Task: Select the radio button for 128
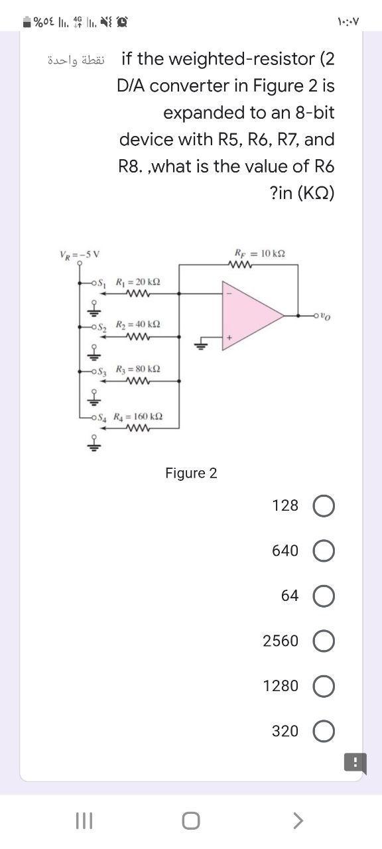[322, 506]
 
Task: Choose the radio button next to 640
[322, 551]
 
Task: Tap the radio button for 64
[322, 596]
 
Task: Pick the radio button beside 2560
[322, 641]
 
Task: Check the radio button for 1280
[322, 686]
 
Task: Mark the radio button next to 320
[322, 732]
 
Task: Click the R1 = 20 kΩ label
[137, 281]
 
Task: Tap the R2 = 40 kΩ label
[137, 324]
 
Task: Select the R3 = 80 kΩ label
[137, 368]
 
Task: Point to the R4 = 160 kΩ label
[139, 417]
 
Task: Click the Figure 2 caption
[191, 473]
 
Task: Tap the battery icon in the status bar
[25, 21]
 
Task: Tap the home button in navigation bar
[191, 821]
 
